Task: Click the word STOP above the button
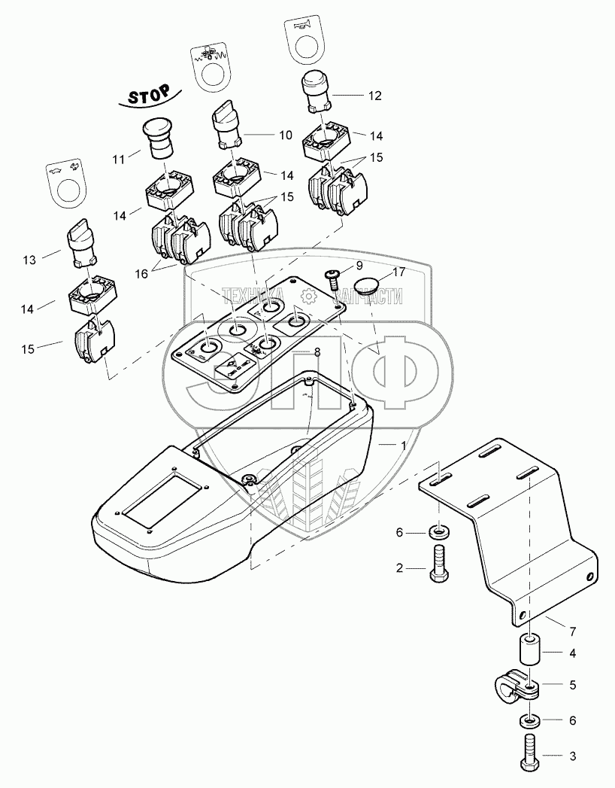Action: (x=150, y=96)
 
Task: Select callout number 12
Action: (x=375, y=96)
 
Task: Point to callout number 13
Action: (x=29, y=260)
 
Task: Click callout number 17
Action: (x=398, y=272)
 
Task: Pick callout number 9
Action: (x=359, y=265)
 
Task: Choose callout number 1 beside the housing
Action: (x=404, y=446)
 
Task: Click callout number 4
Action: (x=572, y=653)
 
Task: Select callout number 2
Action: (x=401, y=569)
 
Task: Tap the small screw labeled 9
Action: (x=332, y=278)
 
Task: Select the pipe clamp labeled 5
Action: (x=520, y=686)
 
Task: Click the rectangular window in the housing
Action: (x=160, y=500)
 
